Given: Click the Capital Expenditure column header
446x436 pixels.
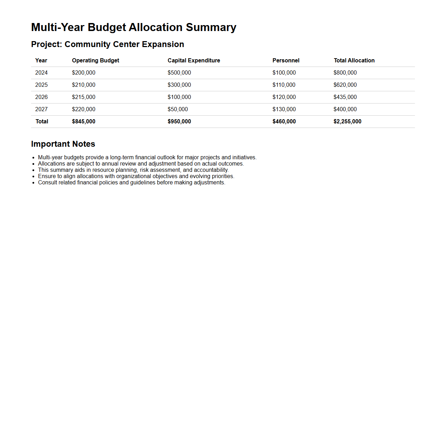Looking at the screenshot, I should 194,60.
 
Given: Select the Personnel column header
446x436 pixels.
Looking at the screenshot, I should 286,60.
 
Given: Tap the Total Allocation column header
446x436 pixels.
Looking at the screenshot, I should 354,60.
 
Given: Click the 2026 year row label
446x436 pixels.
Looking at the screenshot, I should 41,97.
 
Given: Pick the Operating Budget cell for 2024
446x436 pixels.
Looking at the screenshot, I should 83,72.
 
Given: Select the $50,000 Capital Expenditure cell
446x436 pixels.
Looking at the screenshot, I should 178,109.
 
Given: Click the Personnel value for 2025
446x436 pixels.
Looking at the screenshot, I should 284,85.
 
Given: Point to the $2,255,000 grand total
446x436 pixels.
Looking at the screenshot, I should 347,121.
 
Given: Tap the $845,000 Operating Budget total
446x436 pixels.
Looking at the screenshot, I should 83,121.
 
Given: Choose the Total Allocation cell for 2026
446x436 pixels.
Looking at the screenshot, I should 345,97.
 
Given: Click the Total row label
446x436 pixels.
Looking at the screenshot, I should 42,121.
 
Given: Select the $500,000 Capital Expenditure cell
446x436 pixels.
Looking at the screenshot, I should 179,72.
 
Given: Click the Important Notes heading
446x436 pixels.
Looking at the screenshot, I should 63,144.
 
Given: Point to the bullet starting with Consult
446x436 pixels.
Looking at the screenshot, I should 132,183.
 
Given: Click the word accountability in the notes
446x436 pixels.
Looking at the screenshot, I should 211,170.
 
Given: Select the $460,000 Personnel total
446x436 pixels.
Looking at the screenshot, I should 284,121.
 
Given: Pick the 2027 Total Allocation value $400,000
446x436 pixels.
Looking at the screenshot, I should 345,109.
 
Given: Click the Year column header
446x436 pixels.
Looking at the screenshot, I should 41,60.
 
